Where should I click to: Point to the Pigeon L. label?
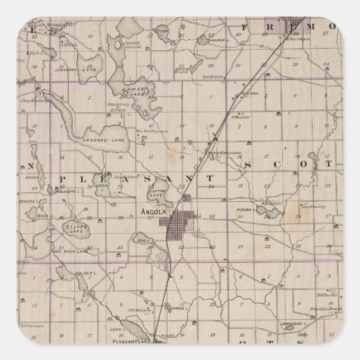pos(247,210)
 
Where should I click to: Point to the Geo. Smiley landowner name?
pos(314,206)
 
